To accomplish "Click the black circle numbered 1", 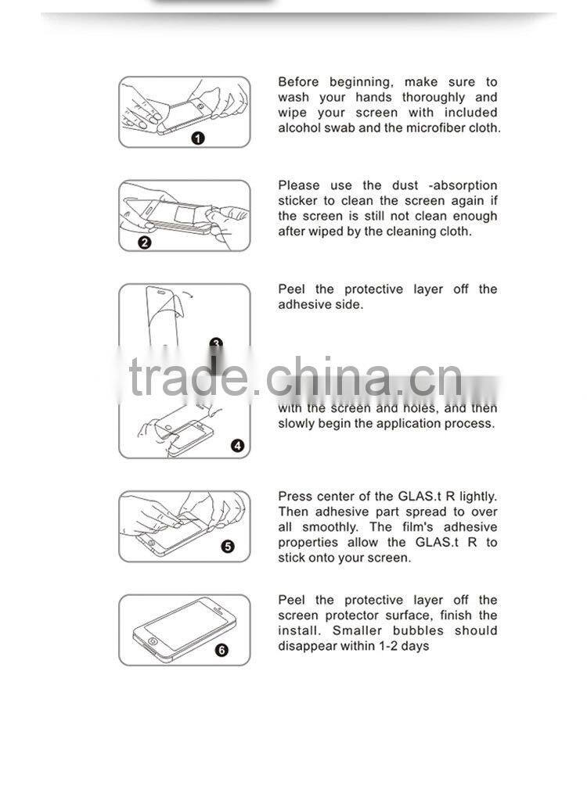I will click(198, 138).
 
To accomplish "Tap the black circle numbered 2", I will click(144, 242).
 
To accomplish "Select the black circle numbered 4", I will click(238, 447).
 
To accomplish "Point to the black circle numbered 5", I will click(228, 546).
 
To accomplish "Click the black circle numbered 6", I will click(221, 650).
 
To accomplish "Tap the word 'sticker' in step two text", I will click(299, 201).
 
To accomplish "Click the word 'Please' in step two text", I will click(299, 185).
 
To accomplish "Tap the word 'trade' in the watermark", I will click(188, 376).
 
